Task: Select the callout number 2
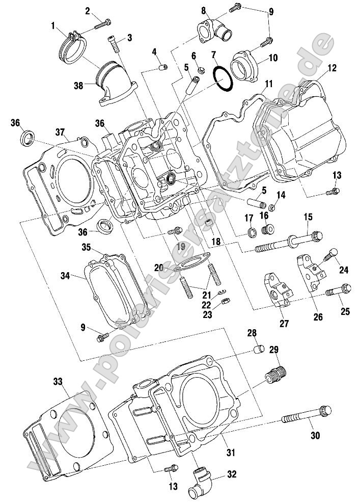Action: [88, 11]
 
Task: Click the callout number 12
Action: [331, 67]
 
